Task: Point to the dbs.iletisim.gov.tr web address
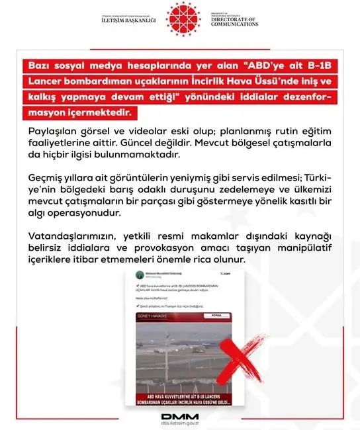click(179, 423)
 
